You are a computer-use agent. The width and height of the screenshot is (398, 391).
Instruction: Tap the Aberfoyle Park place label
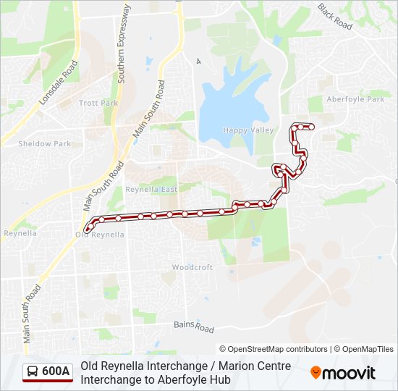(x=355, y=99)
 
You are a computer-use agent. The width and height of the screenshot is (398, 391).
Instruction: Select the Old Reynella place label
(x=100, y=235)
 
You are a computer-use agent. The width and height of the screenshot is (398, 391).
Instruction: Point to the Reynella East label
(x=151, y=189)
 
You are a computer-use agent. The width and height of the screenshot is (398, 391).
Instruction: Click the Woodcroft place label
(x=192, y=267)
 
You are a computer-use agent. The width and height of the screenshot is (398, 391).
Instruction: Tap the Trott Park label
(x=98, y=104)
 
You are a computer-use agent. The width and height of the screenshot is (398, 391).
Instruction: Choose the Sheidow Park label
(x=45, y=143)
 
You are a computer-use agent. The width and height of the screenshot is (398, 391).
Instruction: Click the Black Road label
(x=334, y=16)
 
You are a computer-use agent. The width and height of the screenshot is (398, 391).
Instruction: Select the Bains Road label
(x=194, y=326)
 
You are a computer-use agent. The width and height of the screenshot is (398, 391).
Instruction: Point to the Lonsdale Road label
(x=59, y=82)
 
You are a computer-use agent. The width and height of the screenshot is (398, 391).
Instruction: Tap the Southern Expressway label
(x=124, y=43)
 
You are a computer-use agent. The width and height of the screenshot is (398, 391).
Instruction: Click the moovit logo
(x=343, y=372)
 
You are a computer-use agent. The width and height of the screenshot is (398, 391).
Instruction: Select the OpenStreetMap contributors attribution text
(x=273, y=349)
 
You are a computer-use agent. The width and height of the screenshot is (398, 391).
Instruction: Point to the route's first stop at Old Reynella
(x=87, y=230)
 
